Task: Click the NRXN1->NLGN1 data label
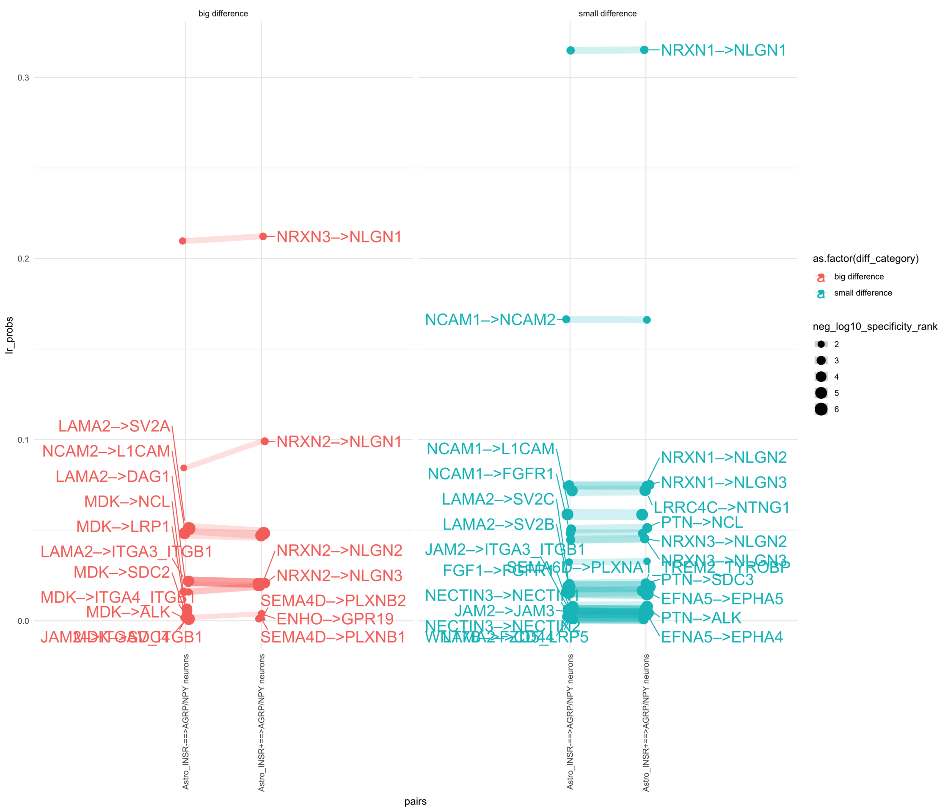723,50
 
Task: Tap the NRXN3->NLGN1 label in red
339,237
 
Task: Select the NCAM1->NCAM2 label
490,320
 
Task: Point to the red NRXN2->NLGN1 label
339,442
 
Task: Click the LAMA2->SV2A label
114,426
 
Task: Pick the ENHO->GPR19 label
335,619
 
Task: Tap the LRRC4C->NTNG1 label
722,507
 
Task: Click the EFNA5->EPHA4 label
722,637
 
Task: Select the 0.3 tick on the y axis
23,78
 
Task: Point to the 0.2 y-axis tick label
23,259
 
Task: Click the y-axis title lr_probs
9,335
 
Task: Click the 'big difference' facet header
223,14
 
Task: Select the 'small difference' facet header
608,14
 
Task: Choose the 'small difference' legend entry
863,293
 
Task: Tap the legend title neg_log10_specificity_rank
875,326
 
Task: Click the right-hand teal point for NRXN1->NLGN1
644,50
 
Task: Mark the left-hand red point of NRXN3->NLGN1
182,241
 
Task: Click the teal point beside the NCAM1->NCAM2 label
566,319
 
